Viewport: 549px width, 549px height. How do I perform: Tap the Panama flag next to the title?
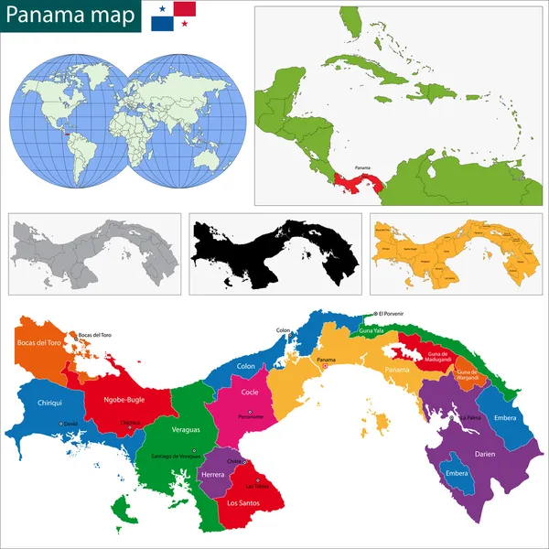[174, 16]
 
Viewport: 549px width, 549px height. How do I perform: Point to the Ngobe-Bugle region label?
[124, 399]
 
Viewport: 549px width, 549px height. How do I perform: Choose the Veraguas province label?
[185, 427]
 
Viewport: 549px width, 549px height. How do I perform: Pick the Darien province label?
[485, 453]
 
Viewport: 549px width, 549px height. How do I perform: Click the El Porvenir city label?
[390, 314]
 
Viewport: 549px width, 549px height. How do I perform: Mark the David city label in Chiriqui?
[70, 423]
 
